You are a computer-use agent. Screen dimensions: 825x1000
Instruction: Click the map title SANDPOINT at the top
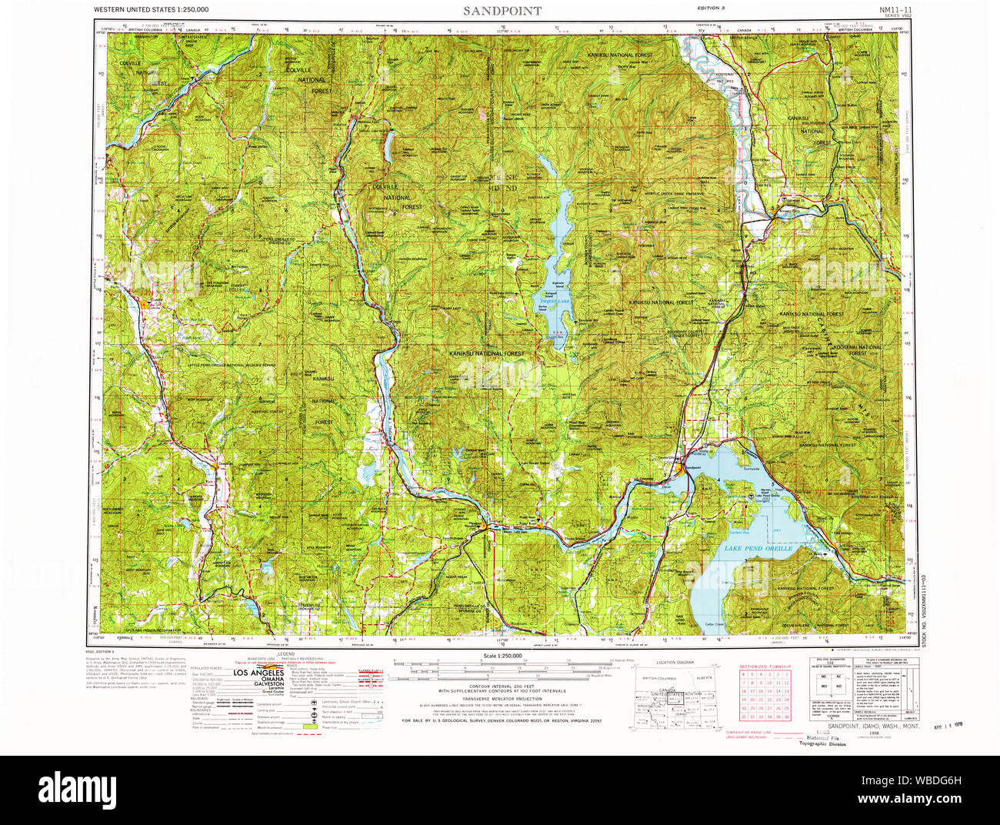click(x=502, y=11)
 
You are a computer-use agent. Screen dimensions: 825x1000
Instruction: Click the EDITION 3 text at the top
click(x=711, y=8)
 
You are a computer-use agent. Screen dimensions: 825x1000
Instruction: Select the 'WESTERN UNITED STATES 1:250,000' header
click(x=151, y=10)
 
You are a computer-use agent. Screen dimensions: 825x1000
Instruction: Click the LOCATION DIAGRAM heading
click(x=675, y=662)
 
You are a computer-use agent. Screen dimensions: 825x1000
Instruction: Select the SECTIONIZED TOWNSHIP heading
click(x=765, y=666)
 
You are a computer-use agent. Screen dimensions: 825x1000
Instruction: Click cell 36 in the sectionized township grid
click(x=786, y=716)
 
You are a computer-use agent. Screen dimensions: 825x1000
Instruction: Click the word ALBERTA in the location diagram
click(x=702, y=678)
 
